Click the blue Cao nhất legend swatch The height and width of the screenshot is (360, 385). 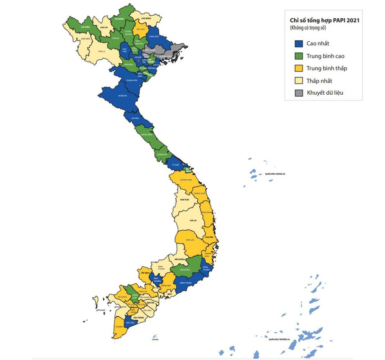(299, 44)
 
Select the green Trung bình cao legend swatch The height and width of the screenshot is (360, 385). (299, 56)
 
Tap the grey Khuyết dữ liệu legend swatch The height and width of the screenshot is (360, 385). (299, 93)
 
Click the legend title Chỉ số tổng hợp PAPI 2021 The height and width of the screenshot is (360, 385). (324, 21)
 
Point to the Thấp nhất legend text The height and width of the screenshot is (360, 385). (319, 81)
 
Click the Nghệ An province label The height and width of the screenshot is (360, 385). (122, 96)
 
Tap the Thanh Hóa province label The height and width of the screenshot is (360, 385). (132, 80)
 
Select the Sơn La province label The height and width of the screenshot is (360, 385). (101, 51)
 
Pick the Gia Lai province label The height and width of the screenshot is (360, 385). (193, 220)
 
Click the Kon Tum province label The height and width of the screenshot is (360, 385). (184, 200)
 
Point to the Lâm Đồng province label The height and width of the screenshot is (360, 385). (185, 270)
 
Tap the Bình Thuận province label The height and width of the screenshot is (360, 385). (186, 283)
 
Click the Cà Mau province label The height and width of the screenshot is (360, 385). (119, 327)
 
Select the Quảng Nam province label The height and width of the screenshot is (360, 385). (186, 180)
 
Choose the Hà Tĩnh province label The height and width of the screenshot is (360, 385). (135, 118)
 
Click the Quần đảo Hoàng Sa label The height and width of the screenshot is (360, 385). (275, 174)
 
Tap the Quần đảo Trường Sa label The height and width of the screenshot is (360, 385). (279, 339)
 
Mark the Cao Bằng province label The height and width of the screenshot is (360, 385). (146, 19)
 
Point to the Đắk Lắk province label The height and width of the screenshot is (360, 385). (190, 240)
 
